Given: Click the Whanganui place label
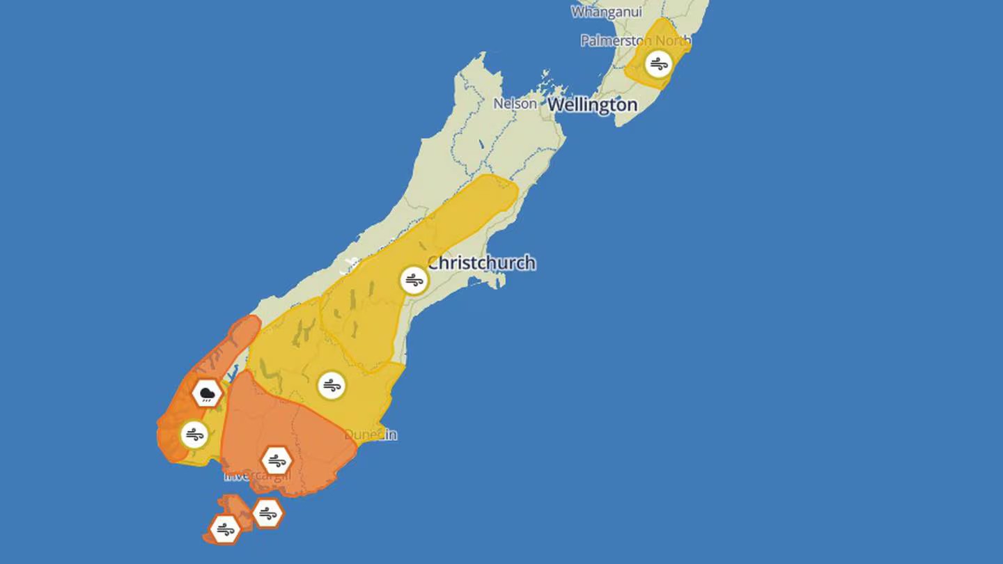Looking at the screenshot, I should tap(607, 12).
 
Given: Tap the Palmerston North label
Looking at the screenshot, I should tap(635, 41).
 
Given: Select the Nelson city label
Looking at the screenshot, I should tap(515, 104).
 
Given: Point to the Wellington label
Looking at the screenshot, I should tap(592, 105).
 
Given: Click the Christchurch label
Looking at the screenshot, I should tap(482, 263).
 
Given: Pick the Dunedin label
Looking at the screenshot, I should tap(371, 434).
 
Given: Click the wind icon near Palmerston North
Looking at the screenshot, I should tap(658, 65).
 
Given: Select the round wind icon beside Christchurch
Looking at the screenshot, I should tap(414, 281).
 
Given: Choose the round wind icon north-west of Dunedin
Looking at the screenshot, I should tap(331, 385).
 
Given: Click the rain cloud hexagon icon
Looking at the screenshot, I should tap(207, 395).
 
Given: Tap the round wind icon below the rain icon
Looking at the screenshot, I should tap(194, 435).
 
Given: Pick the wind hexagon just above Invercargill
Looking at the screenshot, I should tap(277, 460).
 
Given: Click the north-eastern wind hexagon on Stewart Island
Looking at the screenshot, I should tap(267, 514).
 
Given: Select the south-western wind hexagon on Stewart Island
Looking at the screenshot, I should tap(225, 529).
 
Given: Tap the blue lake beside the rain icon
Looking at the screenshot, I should tap(232, 374).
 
